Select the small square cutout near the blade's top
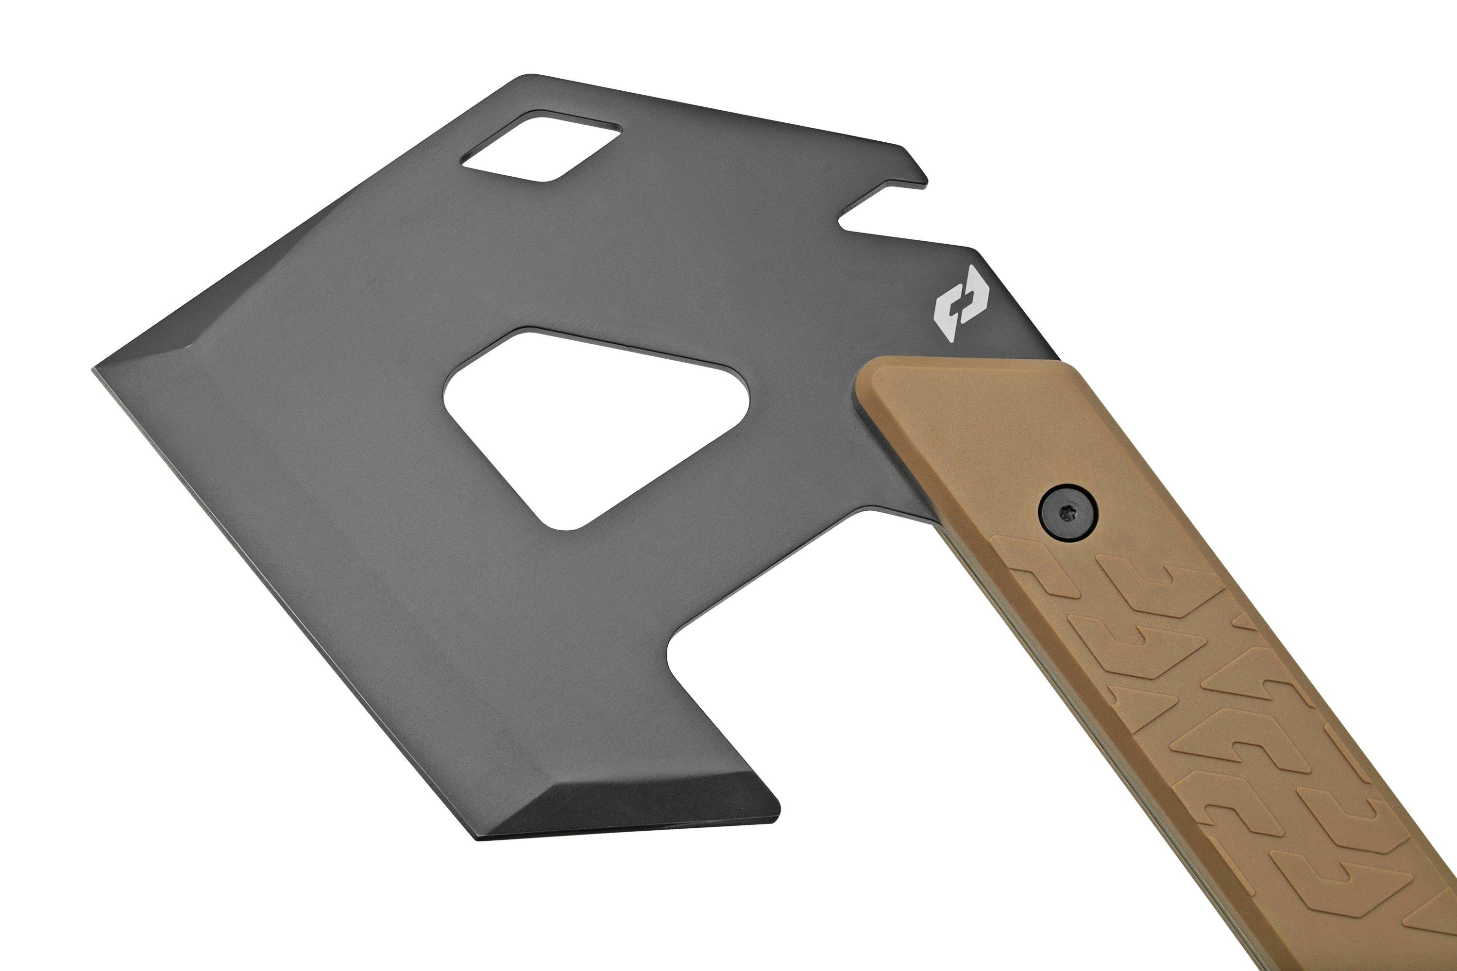(542, 147)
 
